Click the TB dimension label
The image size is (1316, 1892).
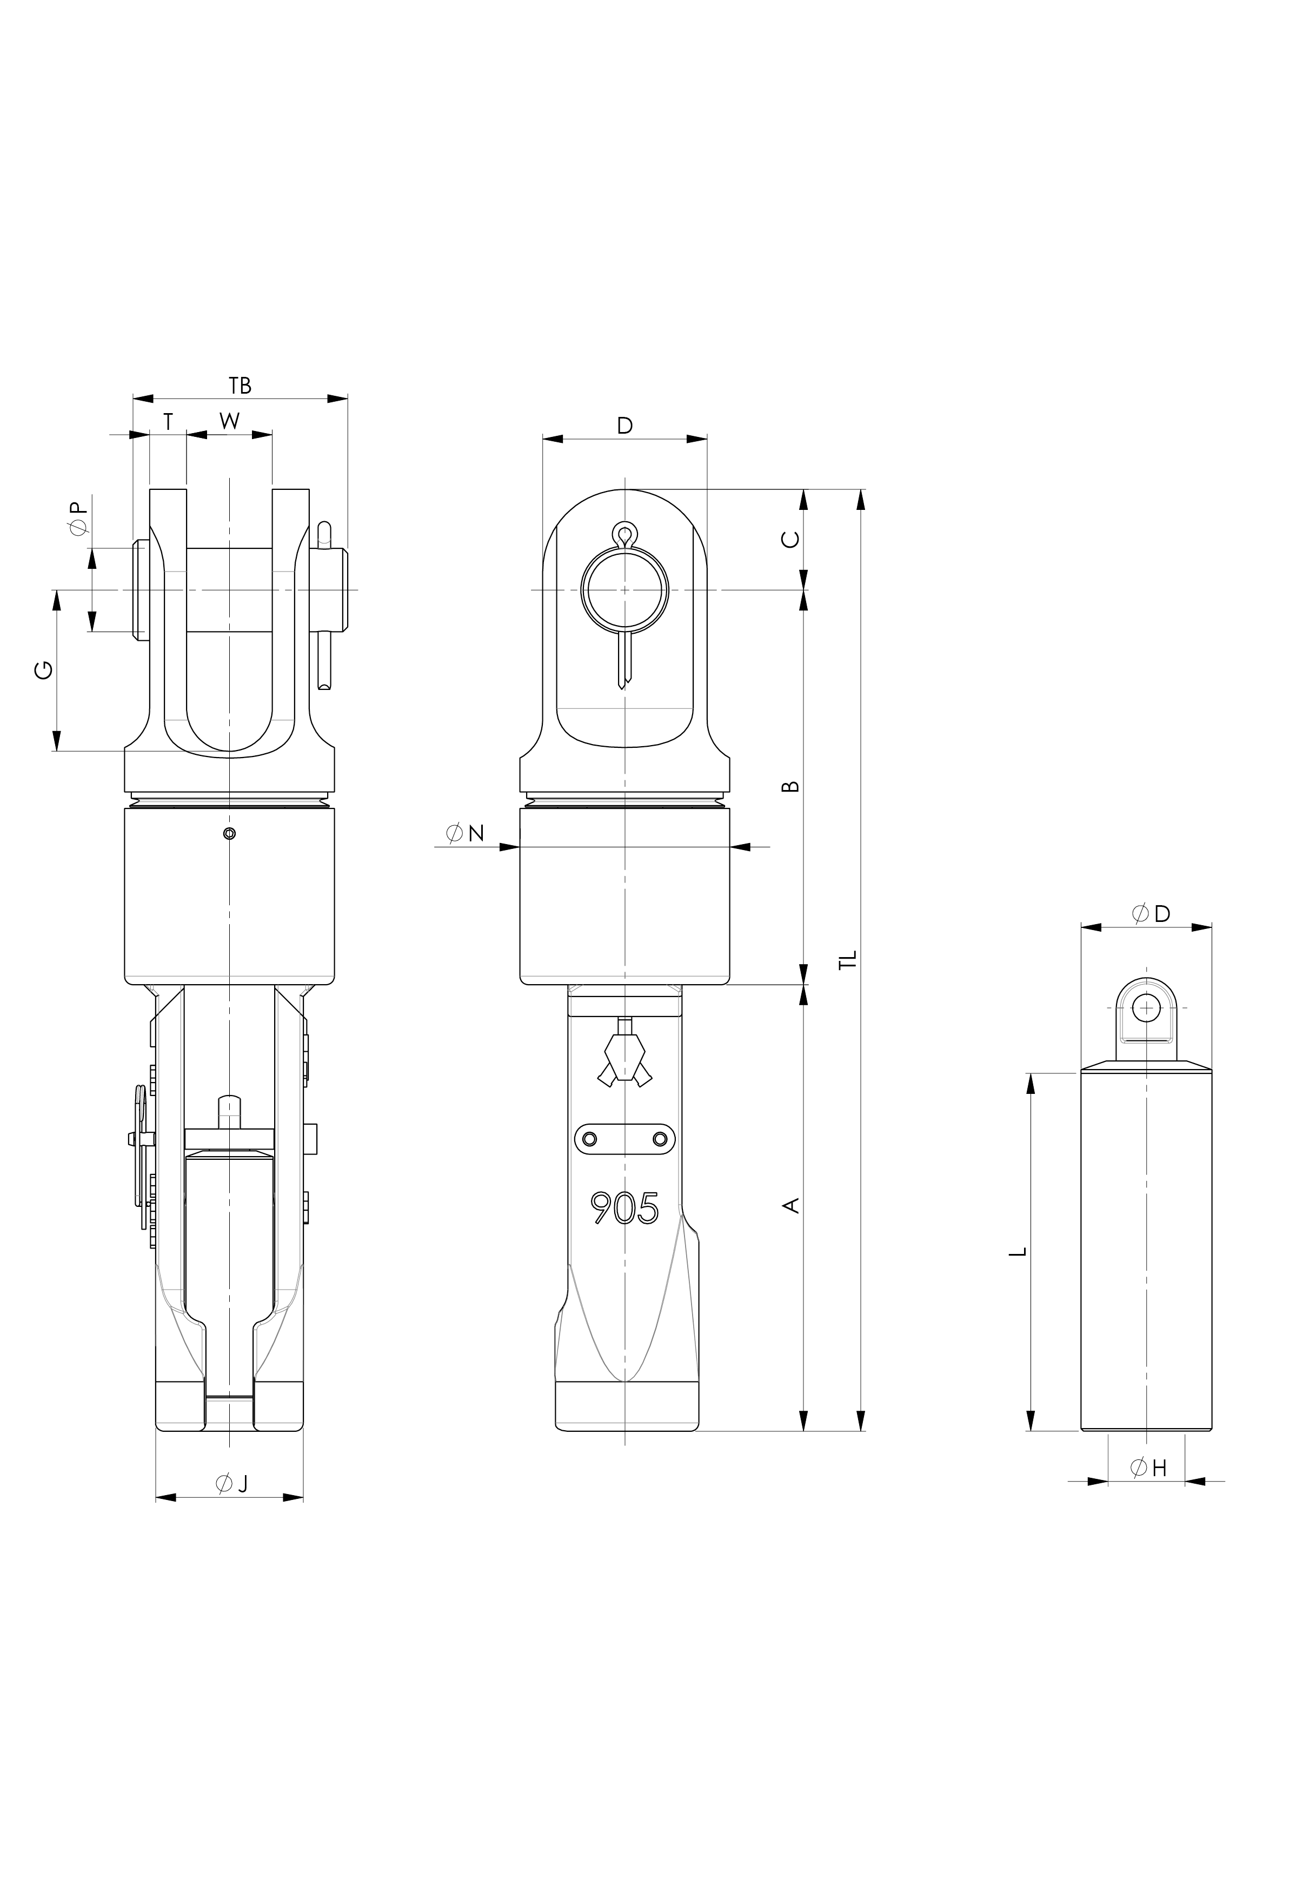coord(240,385)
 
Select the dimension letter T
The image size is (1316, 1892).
coord(168,421)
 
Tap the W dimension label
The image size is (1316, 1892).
coord(229,421)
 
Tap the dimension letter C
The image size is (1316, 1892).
coord(789,539)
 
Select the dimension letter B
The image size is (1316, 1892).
coord(789,785)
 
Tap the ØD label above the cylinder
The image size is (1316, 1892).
coord(1151,913)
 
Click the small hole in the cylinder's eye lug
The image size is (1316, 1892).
coord(1146,1007)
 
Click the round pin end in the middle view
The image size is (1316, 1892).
coord(624,590)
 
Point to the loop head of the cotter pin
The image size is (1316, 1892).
coord(624,535)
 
